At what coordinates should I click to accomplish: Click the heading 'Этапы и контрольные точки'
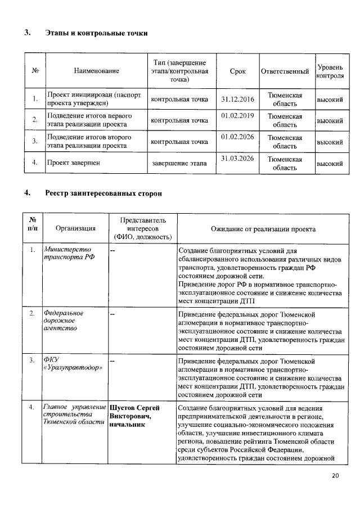[96, 33]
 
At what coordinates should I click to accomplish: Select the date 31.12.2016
[237, 100]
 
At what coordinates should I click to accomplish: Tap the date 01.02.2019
[237, 116]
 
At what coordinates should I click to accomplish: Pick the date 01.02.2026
[237, 137]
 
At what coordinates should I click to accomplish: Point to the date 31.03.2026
[237, 159]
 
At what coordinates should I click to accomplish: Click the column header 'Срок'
[237, 71]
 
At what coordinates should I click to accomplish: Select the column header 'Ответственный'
[285, 71]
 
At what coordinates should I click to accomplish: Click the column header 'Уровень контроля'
[330, 71]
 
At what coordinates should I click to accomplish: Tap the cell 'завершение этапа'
[179, 164]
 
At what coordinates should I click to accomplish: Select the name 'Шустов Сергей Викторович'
[135, 411]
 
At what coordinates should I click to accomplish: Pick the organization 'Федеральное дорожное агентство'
[64, 320]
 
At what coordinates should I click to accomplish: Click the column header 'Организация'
[75, 229]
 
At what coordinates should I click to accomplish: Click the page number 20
[335, 476]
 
